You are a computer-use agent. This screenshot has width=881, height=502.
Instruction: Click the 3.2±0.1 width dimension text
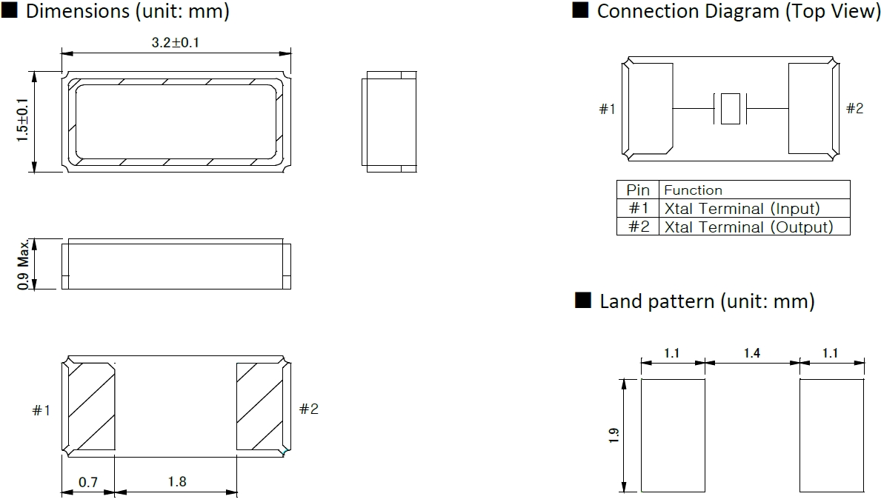click(x=176, y=43)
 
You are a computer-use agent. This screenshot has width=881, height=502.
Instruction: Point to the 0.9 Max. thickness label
click(x=24, y=264)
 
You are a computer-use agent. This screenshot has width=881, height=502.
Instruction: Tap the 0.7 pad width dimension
click(x=88, y=482)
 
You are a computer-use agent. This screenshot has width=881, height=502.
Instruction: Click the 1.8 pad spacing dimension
click(x=176, y=482)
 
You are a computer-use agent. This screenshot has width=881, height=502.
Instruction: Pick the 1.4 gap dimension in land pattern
click(x=751, y=353)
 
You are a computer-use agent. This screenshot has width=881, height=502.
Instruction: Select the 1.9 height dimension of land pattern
click(x=614, y=435)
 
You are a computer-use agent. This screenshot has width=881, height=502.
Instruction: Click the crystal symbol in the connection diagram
click(x=730, y=108)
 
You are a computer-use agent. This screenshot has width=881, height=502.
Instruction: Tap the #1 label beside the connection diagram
click(x=607, y=109)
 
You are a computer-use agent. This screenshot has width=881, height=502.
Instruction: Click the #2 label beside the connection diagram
click(x=854, y=109)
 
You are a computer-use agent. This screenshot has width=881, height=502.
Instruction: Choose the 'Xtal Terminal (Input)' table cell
click(x=742, y=209)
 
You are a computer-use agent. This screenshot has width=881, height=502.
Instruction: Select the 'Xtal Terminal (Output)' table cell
click(x=748, y=227)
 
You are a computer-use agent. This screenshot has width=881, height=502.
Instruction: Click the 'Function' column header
click(x=693, y=190)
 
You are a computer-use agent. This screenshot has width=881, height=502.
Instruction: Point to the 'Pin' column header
click(x=637, y=190)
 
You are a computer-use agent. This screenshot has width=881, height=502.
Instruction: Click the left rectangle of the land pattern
click(x=673, y=435)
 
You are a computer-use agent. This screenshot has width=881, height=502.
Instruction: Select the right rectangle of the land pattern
click(x=831, y=435)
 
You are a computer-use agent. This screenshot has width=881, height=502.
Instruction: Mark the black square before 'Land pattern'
click(x=583, y=301)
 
